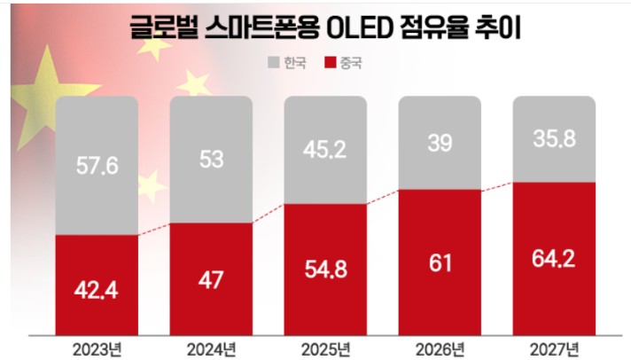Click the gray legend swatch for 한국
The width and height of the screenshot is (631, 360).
274,63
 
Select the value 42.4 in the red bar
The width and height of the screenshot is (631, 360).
97,288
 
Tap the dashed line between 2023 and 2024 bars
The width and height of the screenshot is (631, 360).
154,230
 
